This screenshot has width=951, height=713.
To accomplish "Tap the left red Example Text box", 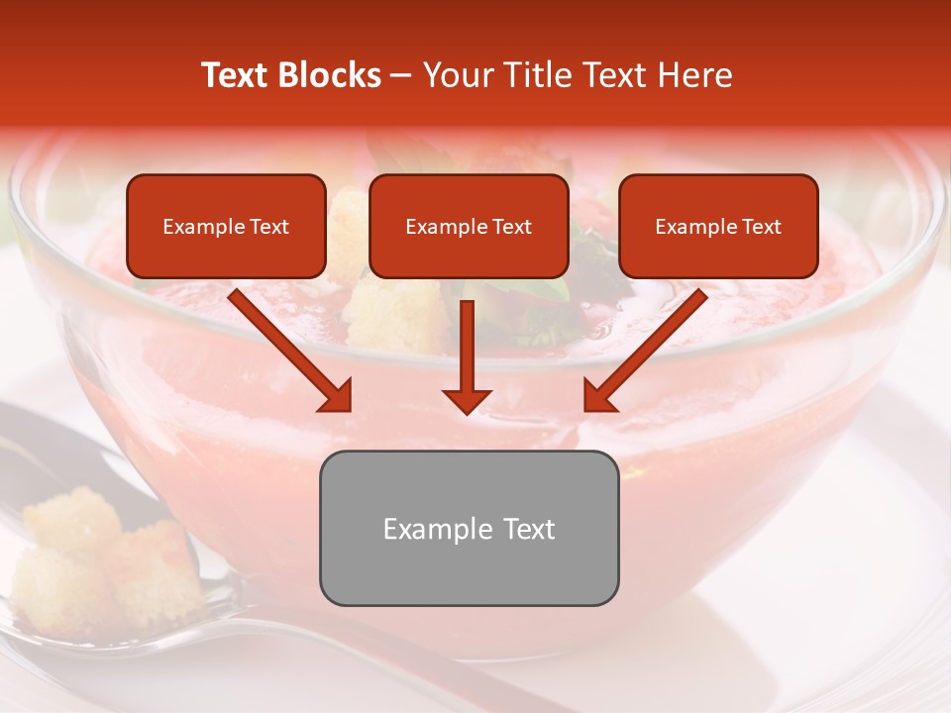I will click(x=226, y=227).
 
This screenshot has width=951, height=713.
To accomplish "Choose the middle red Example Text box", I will click(x=469, y=227).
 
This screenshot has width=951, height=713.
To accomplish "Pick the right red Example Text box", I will click(x=718, y=227).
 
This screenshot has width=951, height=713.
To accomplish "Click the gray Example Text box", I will click(x=469, y=528).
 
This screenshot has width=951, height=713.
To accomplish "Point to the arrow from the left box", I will click(x=287, y=349).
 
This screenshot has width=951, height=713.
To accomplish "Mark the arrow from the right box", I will click(x=648, y=349).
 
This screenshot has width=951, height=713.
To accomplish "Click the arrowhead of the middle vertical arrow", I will click(x=467, y=399).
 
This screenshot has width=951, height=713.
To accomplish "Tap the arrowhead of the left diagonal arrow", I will click(x=337, y=397).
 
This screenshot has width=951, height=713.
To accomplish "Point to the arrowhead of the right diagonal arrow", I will click(x=598, y=397).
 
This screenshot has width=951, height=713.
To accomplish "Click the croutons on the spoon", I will click(x=99, y=555).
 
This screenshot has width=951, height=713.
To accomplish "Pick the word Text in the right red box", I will click(x=762, y=227).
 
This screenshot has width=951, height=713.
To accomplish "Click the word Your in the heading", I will click(x=455, y=75).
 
